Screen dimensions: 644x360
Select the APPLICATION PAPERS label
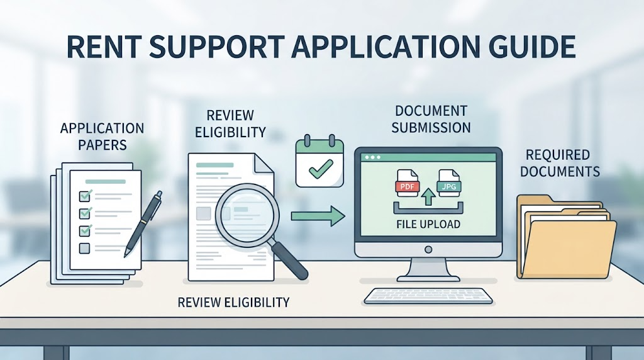(103, 137)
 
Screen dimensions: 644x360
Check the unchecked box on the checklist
(84, 248)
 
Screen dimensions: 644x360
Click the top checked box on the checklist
(85, 195)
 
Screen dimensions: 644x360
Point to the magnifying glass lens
(247, 215)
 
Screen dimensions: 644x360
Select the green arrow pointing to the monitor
(318, 216)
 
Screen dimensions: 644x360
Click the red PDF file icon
(407, 183)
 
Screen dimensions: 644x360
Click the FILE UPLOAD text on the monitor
(428, 225)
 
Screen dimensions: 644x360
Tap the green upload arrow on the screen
(428, 196)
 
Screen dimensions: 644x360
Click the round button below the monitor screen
(428, 249)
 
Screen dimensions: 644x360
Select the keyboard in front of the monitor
(428, 296)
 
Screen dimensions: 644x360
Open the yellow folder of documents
(567, 237)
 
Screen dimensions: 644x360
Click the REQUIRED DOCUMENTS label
(560, 163)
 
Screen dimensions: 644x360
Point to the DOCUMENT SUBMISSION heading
(431, 119)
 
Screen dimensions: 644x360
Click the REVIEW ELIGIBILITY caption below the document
(233, 303)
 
